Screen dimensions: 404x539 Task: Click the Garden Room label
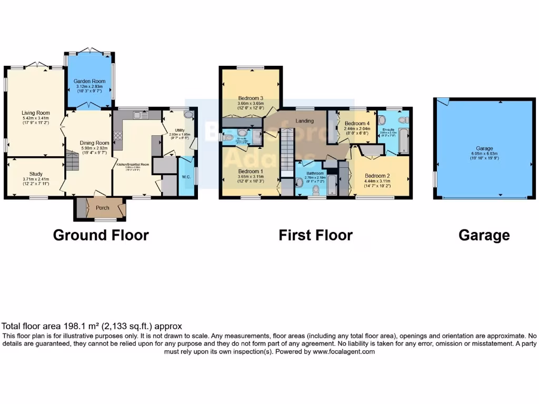pos(89,81)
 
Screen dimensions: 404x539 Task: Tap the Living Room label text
pos(36,113)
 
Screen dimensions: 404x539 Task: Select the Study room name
pos(36,174)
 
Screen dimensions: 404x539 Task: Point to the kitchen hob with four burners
pos(117,136)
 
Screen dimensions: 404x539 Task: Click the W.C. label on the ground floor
pos(186,177)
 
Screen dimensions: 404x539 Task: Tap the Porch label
pos(102,208)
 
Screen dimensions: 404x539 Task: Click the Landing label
pos(305,121)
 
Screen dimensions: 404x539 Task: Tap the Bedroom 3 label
pos(251,98)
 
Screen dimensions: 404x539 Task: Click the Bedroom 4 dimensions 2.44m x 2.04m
pos(357,128)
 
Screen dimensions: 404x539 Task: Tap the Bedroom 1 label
pos(251,171)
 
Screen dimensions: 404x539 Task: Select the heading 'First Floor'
pos(315,235)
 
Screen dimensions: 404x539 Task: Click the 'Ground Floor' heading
pos(101,235)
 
